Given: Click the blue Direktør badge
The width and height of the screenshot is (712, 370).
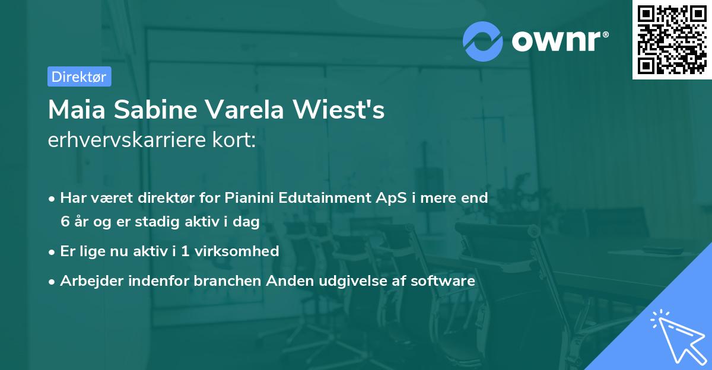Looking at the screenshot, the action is (x=80, y=76).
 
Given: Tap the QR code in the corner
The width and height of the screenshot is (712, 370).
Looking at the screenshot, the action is (x=672, y=39).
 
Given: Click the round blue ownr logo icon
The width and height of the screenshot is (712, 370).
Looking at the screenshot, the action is (x=482, y=42).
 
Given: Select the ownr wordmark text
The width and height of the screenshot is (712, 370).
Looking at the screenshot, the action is (x=560, y=41).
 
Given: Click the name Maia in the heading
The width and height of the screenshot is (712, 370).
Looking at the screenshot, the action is (x=77, y=110).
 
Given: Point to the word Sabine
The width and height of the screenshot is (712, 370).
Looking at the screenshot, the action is (x=155, y=110).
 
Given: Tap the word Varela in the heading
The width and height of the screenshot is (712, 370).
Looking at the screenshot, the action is (x=244, y=110).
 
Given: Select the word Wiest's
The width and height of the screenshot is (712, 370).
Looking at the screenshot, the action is (x=339, y=110).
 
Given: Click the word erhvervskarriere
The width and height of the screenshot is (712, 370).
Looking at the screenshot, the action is (x=127, y=140).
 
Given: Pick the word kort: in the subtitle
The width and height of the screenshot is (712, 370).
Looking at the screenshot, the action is (x=234, y=140).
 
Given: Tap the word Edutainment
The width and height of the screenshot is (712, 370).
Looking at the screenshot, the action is (x=325, y=197).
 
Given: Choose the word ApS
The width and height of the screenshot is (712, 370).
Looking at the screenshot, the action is (x=391, y=198).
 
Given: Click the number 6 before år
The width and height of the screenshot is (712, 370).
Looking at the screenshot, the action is (x=65, y=222).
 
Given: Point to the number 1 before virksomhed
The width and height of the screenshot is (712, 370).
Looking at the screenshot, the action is (x=185, y=251).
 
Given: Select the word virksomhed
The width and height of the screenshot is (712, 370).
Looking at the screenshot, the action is (x=237, y=251).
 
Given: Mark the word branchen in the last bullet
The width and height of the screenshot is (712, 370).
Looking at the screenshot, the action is (x=227, y=280).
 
